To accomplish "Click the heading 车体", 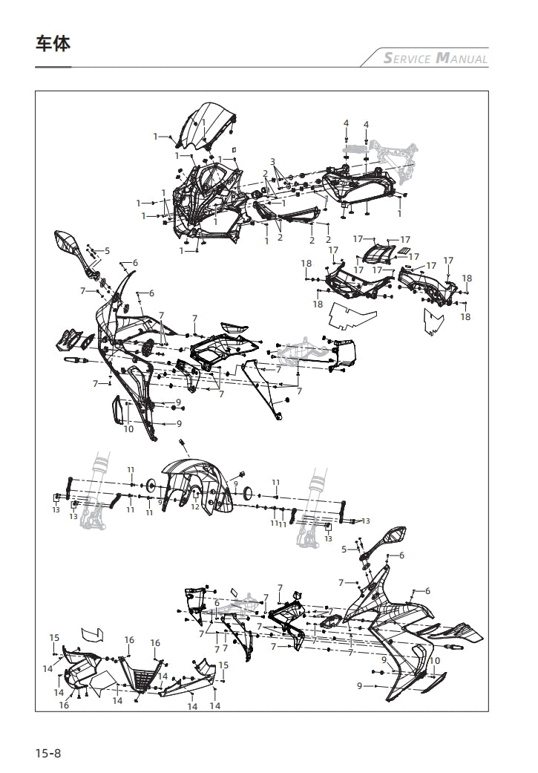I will (x=53, y=45).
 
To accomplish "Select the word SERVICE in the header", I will (x=407, y=59).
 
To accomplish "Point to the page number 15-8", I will (x=47, y=754).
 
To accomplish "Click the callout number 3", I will (x=272, y=161).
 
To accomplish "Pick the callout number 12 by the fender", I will (x=194, y=506).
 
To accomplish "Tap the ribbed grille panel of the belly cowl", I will (x=144, y=676).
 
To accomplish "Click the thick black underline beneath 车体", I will (x=53, y=67).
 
